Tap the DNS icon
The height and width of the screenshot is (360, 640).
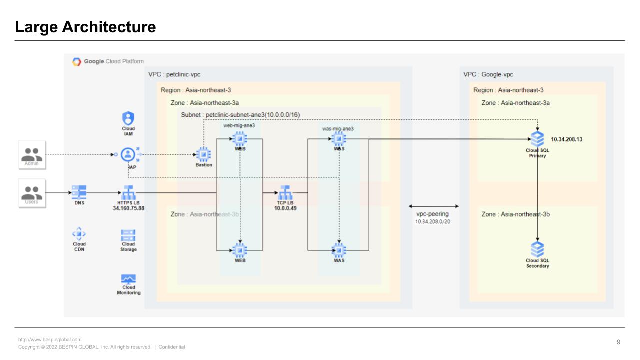79,192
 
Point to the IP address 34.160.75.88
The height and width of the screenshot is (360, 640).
128,208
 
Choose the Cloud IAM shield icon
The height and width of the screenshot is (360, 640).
128,118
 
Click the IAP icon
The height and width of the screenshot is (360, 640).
129,154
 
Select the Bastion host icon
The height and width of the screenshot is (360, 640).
203,154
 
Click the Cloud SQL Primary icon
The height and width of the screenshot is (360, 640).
537,139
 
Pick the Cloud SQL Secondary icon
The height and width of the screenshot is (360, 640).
537,249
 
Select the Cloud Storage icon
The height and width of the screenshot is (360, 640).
128,234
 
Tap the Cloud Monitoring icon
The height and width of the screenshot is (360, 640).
128,279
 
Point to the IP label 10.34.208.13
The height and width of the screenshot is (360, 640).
566,139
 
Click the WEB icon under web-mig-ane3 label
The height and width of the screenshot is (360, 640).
240,138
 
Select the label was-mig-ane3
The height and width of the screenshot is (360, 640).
338,129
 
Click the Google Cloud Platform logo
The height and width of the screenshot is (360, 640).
77,62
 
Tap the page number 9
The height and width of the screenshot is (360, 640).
618,342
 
